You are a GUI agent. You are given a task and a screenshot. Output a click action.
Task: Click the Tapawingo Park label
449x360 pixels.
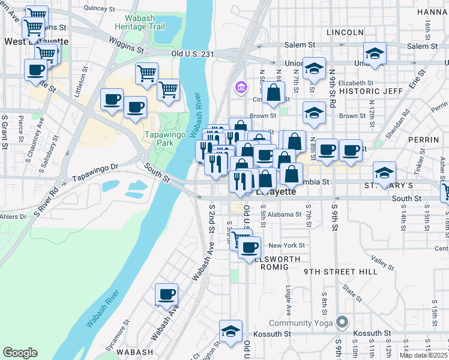coord(164,140)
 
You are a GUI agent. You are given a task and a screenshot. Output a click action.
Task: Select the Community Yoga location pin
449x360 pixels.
coord(342,323)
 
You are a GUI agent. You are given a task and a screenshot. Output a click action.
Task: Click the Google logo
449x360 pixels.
coord(20,353)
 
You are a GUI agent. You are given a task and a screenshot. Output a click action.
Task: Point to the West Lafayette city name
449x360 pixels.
coord(36,41)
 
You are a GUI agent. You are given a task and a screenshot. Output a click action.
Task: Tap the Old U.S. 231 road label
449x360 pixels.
coord(193,53)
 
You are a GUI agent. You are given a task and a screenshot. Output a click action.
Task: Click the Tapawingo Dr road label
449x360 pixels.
coord(96,174)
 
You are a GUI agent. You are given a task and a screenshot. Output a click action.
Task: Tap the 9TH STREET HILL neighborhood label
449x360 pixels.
coord(340,271)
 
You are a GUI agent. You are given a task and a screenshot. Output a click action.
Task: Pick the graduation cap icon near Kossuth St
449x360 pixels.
coord(231,331)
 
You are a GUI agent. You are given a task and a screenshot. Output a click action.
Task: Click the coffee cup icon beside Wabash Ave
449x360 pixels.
coord(167,295)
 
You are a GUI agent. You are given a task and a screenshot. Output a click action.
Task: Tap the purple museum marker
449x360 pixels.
coord(241,88)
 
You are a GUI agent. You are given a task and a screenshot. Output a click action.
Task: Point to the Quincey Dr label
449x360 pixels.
coord(99,8)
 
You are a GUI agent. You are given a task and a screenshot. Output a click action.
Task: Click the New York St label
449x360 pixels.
coord(287,245)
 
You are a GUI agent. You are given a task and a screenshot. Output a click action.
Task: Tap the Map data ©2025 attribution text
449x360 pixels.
coord(424,355)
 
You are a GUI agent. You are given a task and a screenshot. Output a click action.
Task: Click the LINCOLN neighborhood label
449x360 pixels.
coord(345,32)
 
